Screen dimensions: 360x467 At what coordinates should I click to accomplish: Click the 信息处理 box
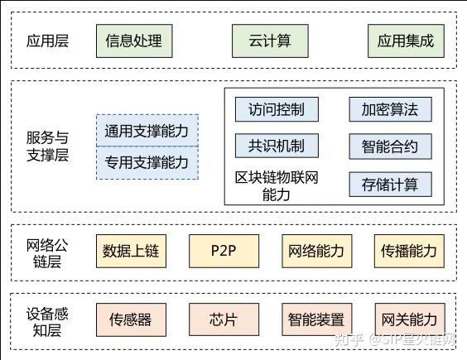pos(133,40)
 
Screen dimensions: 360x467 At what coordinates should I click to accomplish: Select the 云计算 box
pos(270,40)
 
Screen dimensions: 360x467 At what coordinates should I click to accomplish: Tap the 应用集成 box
pos(406,40)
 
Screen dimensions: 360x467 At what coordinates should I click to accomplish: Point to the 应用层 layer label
pos(47,40)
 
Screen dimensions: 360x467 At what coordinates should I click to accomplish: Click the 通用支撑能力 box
pos(147,131)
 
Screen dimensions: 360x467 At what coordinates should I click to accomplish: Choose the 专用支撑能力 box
pos(147,162)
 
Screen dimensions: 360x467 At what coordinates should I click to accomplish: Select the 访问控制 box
pos(276,109)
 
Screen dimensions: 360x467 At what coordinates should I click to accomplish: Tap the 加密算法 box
pos(390,109)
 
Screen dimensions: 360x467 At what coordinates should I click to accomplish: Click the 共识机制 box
pos(276,147)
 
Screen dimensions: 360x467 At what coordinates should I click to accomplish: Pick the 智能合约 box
pos(390,147)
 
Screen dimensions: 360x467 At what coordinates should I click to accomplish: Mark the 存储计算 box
pos(390,184)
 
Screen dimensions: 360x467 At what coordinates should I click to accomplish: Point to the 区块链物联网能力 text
pos(277,186)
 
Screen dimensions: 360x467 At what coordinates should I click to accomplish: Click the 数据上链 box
pos(130,250)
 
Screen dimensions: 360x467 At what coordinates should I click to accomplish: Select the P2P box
pos(224,250)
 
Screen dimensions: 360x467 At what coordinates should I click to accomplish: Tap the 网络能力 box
pos(315,250)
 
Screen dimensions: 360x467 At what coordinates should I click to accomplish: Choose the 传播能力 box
pos(408,250)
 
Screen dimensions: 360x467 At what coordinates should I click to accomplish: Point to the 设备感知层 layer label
pos(47,322)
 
